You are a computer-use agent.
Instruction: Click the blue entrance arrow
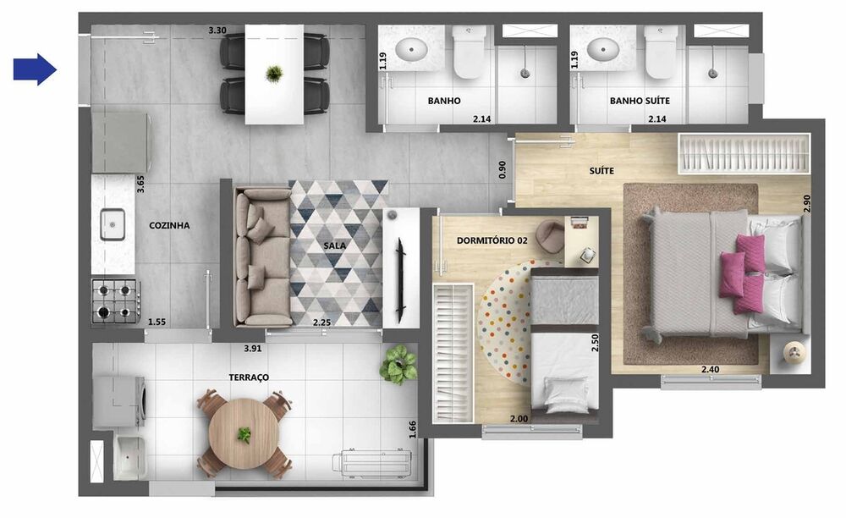pos(35,69)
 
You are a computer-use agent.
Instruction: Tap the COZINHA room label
pos(169,226)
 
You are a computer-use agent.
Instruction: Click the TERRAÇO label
pos(249,376)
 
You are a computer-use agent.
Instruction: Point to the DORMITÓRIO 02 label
pos(492,240)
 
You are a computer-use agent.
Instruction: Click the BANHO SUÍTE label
pos(640,101)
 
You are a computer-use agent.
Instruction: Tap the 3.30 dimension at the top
pos(217,30)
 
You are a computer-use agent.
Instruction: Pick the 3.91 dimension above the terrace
pos(252,348)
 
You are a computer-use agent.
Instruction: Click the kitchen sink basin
pos(113,225)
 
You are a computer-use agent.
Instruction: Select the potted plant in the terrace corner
pos(398,364)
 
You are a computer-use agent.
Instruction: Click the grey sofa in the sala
pos(261,257)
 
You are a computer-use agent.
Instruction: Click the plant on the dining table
pos(273,74)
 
